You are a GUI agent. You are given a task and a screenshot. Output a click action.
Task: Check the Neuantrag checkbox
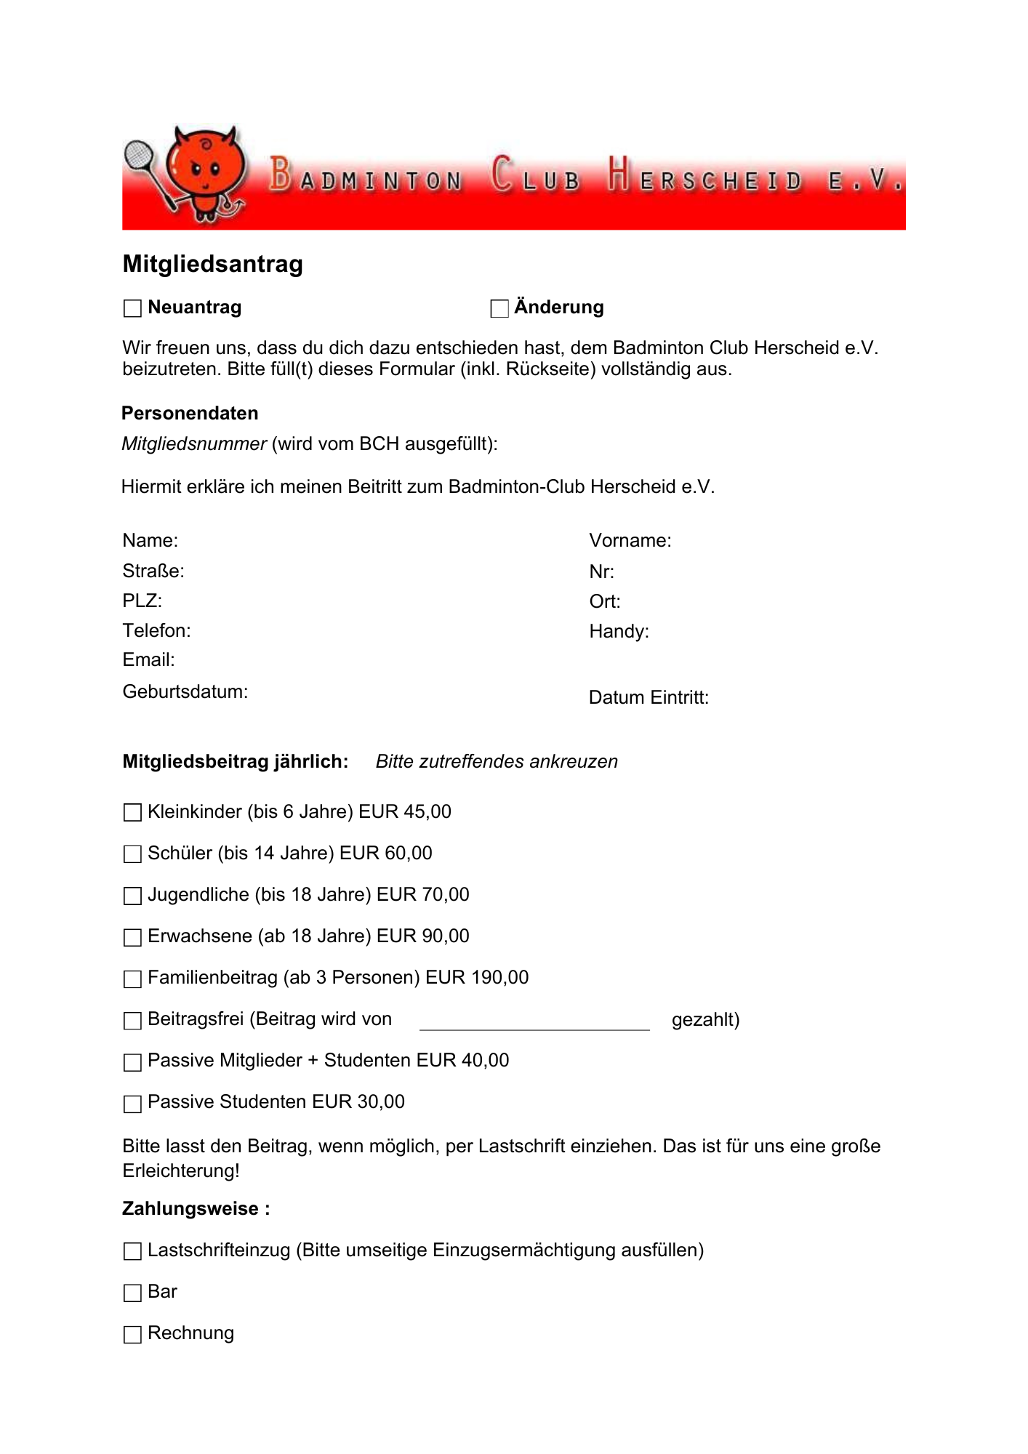132,308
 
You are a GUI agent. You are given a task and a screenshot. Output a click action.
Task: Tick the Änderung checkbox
499,308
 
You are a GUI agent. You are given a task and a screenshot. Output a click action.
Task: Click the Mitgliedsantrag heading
212,264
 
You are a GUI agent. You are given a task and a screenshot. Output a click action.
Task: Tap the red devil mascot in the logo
206,172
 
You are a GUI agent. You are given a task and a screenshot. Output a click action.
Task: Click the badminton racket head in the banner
138,155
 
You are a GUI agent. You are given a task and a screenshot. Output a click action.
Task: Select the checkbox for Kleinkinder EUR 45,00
132,812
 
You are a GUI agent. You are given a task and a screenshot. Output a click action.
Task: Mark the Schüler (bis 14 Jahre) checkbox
132,853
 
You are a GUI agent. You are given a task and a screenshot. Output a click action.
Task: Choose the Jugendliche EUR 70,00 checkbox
132,895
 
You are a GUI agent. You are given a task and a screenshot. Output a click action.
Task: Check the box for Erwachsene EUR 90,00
132,937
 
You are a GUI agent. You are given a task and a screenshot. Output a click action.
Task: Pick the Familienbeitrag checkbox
132,979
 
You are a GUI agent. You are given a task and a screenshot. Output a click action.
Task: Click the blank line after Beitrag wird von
534,1021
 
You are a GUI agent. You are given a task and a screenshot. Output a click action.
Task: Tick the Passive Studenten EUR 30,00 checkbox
132,1104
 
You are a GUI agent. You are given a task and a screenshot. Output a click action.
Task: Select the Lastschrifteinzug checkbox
132,1251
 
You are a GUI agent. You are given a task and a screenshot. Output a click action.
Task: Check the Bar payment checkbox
132,1293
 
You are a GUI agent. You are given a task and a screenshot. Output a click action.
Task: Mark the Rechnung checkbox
132,1334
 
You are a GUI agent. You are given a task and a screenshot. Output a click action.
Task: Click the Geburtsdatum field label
185,691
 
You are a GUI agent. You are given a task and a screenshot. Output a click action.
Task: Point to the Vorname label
630,541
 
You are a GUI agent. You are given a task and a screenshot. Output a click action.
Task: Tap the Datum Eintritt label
648,698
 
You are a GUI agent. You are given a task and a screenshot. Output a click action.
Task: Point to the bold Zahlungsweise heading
196,1209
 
